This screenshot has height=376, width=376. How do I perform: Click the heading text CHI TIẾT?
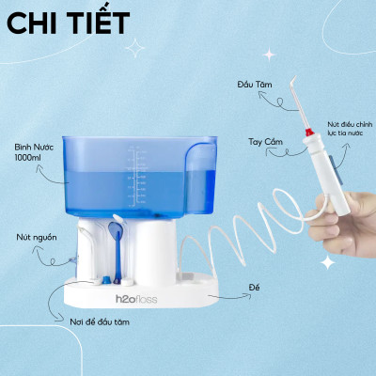[x=68, y=23]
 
